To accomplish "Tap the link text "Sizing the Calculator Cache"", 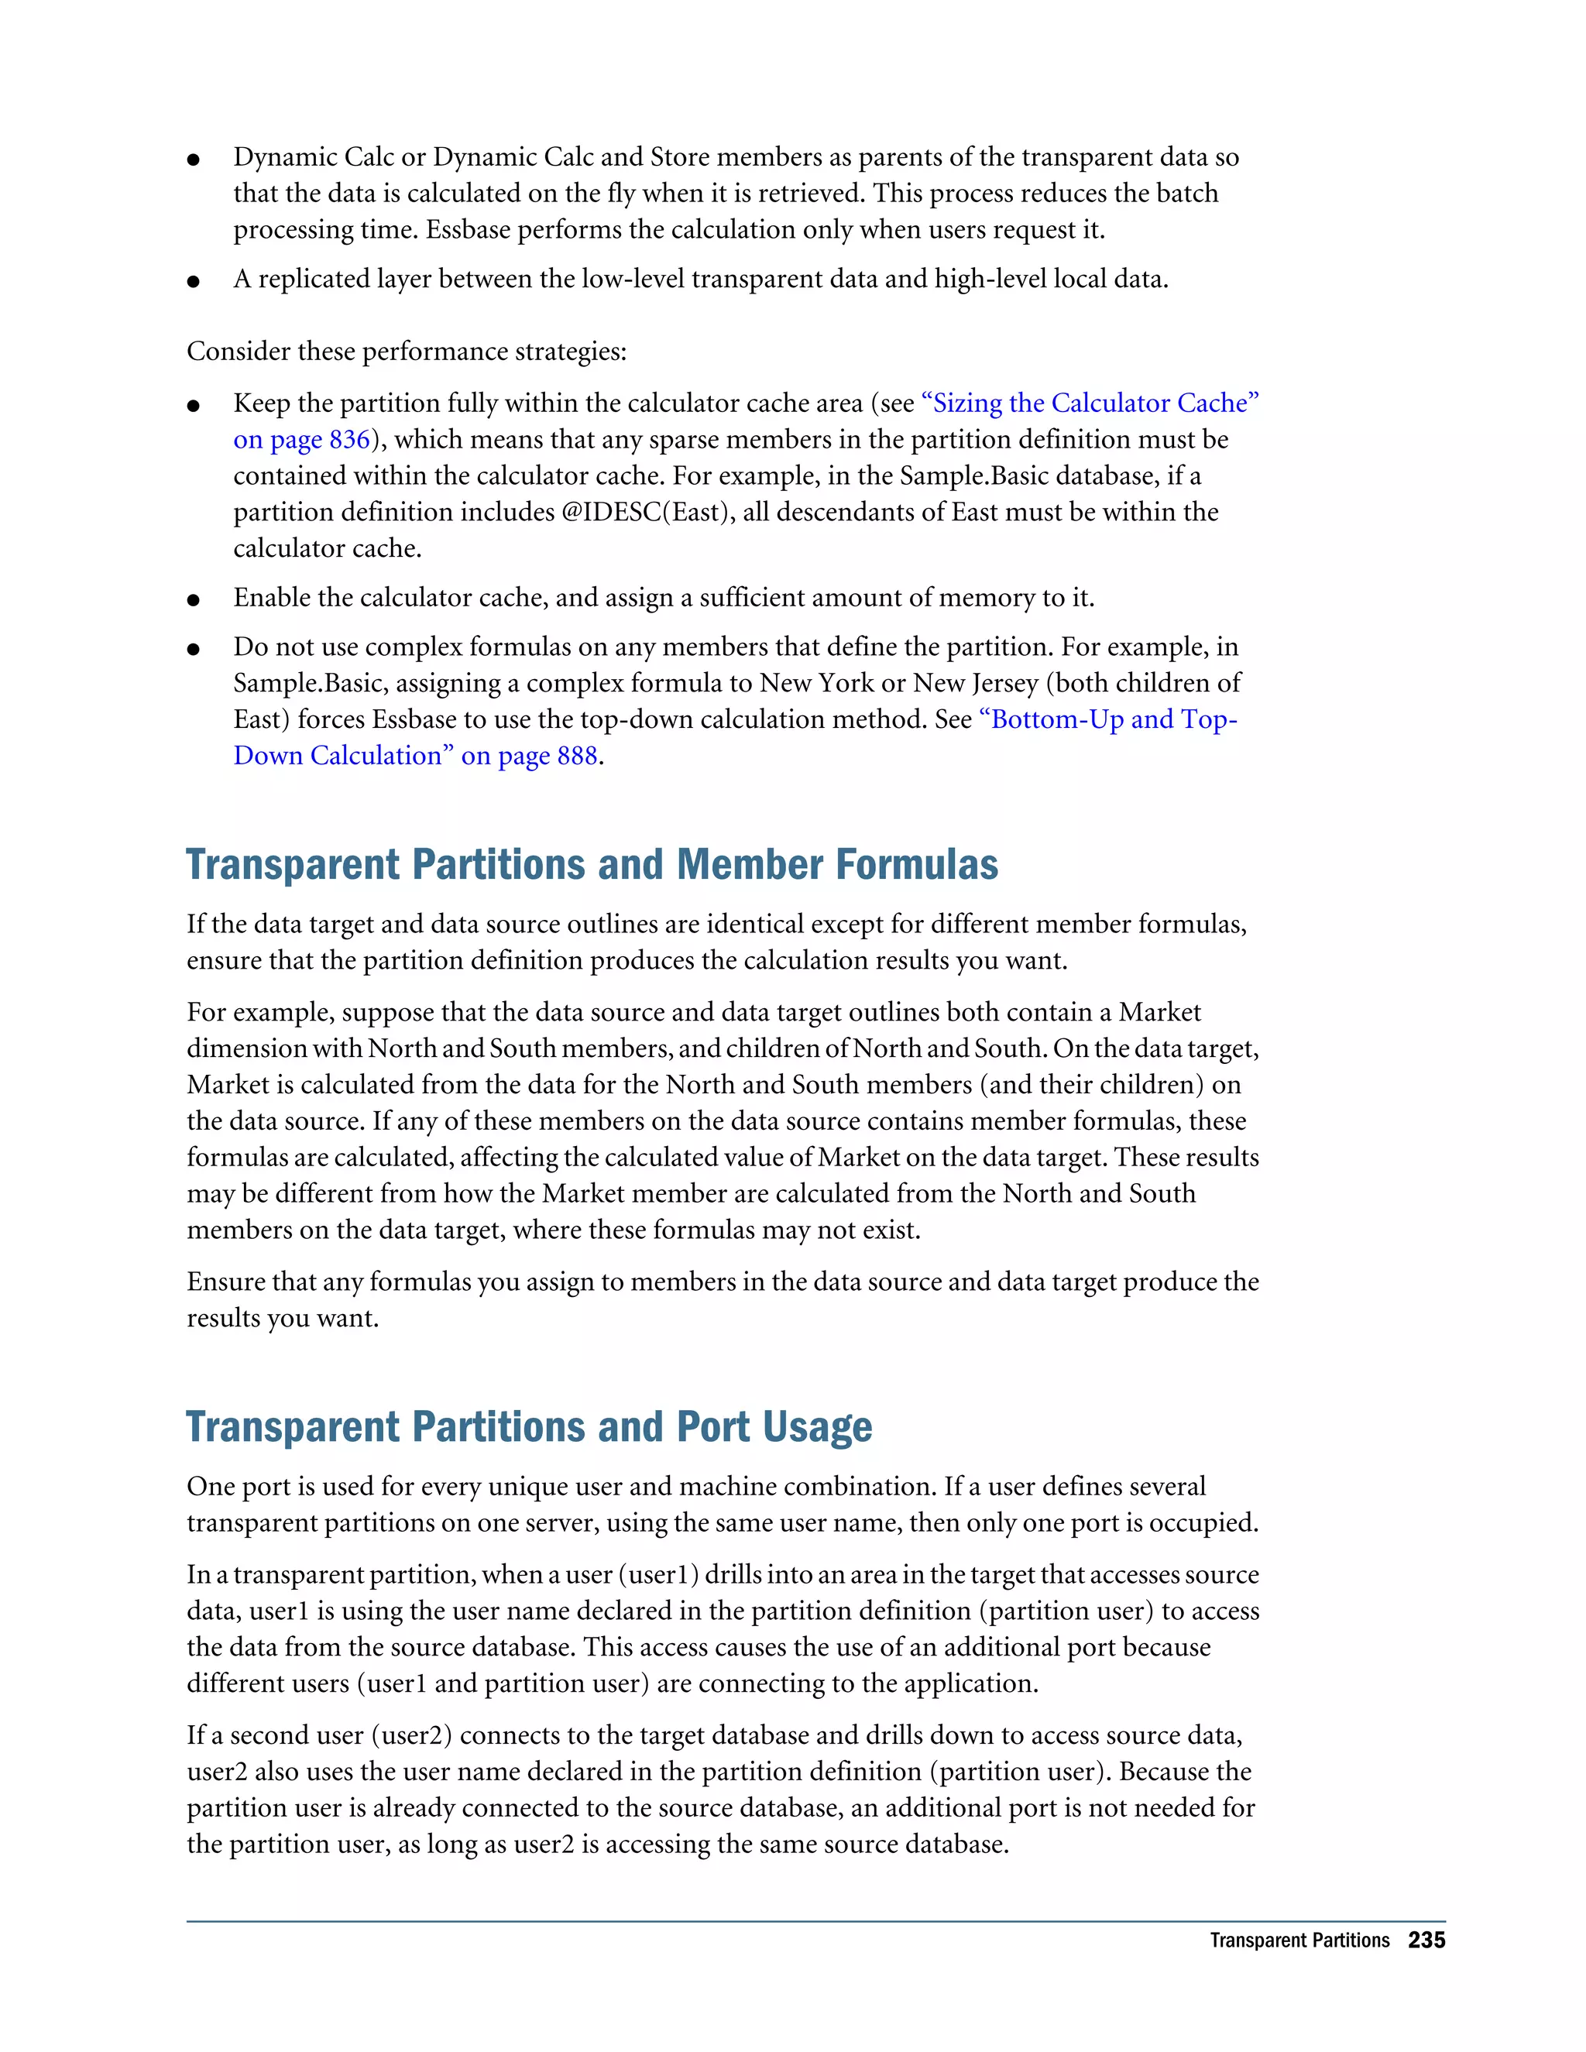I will (1090, 403).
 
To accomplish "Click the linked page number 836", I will (348, 440).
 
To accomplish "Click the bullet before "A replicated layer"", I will (194, 281).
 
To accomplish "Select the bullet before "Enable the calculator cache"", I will (194, 599).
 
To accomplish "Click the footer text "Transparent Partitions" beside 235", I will (1299, 1941).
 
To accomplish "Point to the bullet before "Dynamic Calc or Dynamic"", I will (194, 159).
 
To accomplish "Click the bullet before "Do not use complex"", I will (194, 648).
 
